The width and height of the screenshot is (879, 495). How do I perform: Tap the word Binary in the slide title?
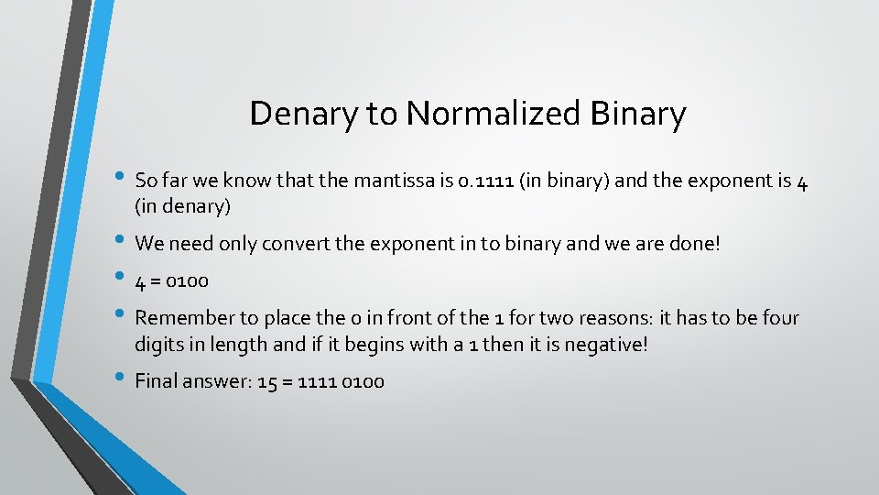pyautogui.click(x=638, y=115)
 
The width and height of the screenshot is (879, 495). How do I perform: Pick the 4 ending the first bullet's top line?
pyautogui.click(x=801, y=181)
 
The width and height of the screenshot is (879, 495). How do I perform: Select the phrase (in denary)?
pyautogui.click(x=182, y=207)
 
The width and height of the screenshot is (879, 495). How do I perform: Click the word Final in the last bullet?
pyautogui.click(x=157, y=381)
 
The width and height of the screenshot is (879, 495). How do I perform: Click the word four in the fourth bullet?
pyautogui.click(x=780, y=318)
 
